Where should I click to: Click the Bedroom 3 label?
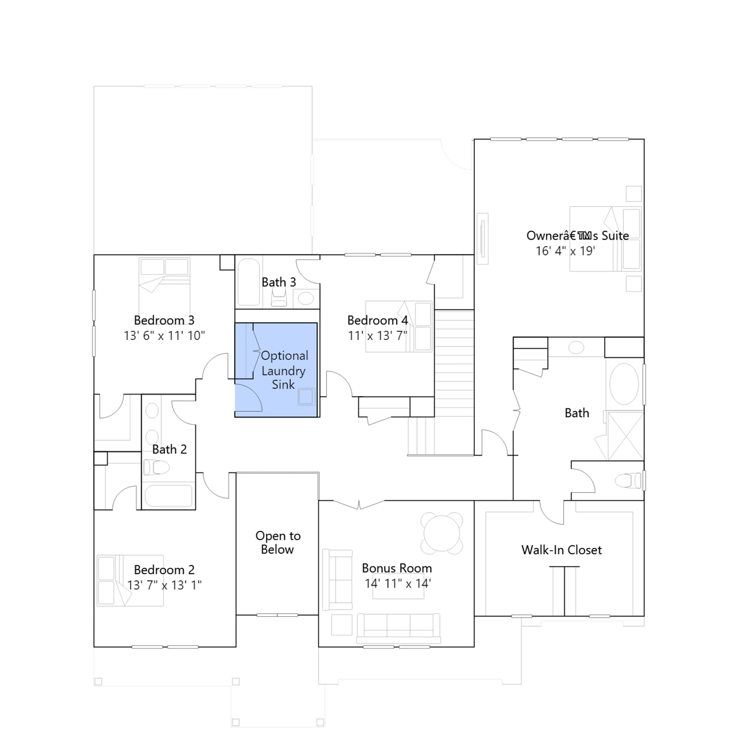click(164, 320)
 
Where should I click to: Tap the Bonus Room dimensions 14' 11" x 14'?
click(398, 583)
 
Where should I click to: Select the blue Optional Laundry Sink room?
click(276, 370)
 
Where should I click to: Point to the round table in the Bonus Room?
click(442, 533)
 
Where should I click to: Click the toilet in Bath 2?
click(156, 467)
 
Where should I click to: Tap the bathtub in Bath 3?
click(249, 282)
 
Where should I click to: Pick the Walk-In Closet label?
click(562, 550)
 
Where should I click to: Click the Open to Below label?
click(278, 543)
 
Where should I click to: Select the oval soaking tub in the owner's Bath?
click(624, 384)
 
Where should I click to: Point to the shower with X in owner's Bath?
click(625, 436)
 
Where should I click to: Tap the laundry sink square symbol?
click(306, 397)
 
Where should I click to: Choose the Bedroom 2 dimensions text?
click(164, 585)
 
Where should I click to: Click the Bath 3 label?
click(279, 282)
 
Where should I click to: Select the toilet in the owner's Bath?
click(628, 481)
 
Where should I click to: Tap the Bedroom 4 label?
click(377, 320)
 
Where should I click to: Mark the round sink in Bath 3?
click(306, 298)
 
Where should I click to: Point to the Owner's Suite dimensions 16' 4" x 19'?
click(565, 251)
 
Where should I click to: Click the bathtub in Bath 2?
click(169, 496)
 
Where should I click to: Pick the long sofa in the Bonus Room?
click(399, 628)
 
